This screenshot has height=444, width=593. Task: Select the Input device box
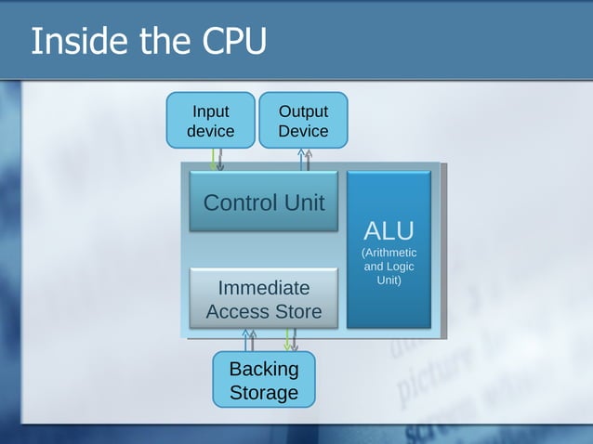(210, 120)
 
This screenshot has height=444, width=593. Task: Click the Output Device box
(303, 120)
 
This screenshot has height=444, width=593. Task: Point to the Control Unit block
(264, 202)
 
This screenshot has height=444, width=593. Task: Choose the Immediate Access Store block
(264, 299)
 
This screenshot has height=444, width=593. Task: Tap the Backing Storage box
(264, 380)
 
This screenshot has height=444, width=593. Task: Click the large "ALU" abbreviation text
(389, 230)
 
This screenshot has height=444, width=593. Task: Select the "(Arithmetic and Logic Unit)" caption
(389, 267)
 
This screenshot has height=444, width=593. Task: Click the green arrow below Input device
(214, 159)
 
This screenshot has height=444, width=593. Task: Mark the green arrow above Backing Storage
(288, 339)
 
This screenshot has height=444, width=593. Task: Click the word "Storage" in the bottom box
(264, 392)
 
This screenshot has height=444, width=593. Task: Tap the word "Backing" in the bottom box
(264, 369)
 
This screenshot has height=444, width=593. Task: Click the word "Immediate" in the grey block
(264, 287)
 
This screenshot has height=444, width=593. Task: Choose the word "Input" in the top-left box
(210, 111)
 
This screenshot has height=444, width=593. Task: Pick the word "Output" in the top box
(303, 111)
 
